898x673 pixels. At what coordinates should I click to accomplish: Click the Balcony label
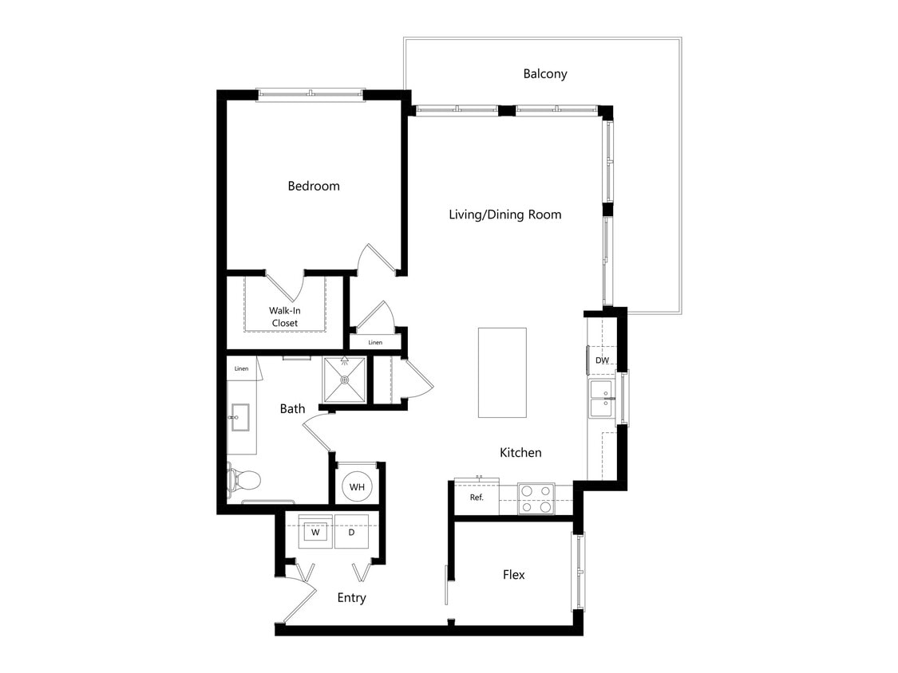coord(545,73)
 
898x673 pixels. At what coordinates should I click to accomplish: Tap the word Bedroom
coord(314,186)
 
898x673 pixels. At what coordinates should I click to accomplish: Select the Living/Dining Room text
coord(504,214)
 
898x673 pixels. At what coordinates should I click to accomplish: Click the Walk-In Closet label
coord(284,317)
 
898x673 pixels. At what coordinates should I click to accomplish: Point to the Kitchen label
coord(520,453)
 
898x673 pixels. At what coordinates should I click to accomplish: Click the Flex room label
coord(514,575)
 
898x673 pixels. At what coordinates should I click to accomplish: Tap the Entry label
coord(351,598)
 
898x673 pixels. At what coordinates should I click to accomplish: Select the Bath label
coord(292,409)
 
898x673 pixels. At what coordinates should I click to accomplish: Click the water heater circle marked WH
coord(357,486)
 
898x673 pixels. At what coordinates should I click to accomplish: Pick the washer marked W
coord(315,532)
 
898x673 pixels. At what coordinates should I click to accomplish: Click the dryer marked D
coord(351,532)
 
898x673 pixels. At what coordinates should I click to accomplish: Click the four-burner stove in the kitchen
coord(536,498)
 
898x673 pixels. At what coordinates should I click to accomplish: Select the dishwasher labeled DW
coord(603,360)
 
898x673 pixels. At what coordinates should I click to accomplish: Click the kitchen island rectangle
coord(502,372)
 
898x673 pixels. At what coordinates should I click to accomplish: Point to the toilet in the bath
coord(244,480)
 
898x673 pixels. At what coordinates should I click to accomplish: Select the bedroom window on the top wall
coord(310,95)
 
